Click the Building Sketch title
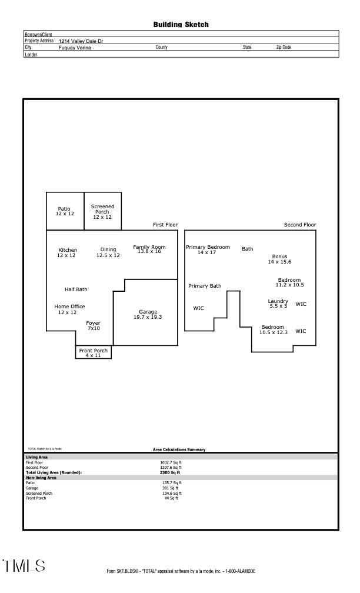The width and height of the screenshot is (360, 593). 181,25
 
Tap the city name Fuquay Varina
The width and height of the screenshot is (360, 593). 75,48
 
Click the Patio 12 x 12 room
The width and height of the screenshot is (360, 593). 65,211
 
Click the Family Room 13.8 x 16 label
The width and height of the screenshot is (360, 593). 149,249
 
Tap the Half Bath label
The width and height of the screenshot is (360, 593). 76,289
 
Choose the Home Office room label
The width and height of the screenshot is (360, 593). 69,309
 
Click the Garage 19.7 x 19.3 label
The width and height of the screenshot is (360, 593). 148,314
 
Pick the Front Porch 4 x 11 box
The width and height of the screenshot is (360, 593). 93,352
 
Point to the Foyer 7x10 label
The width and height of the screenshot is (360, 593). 93,325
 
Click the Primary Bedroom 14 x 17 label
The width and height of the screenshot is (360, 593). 208,249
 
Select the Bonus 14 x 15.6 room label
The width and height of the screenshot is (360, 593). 279,259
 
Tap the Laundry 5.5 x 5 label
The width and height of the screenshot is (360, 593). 278,304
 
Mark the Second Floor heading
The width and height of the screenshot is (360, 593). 299,225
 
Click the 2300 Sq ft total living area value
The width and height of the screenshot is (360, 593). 171,472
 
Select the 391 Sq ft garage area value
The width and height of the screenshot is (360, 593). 171,488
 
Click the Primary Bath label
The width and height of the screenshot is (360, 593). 205,286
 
